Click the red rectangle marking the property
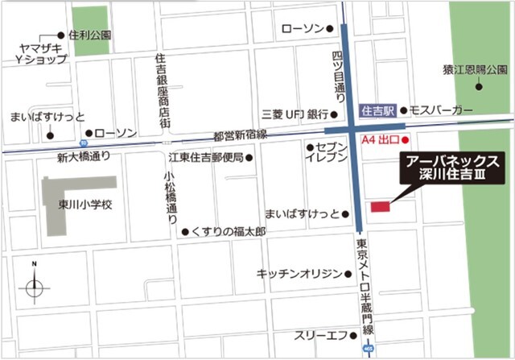click(x=379, y=208)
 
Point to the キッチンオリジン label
click(x=299, y=274)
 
